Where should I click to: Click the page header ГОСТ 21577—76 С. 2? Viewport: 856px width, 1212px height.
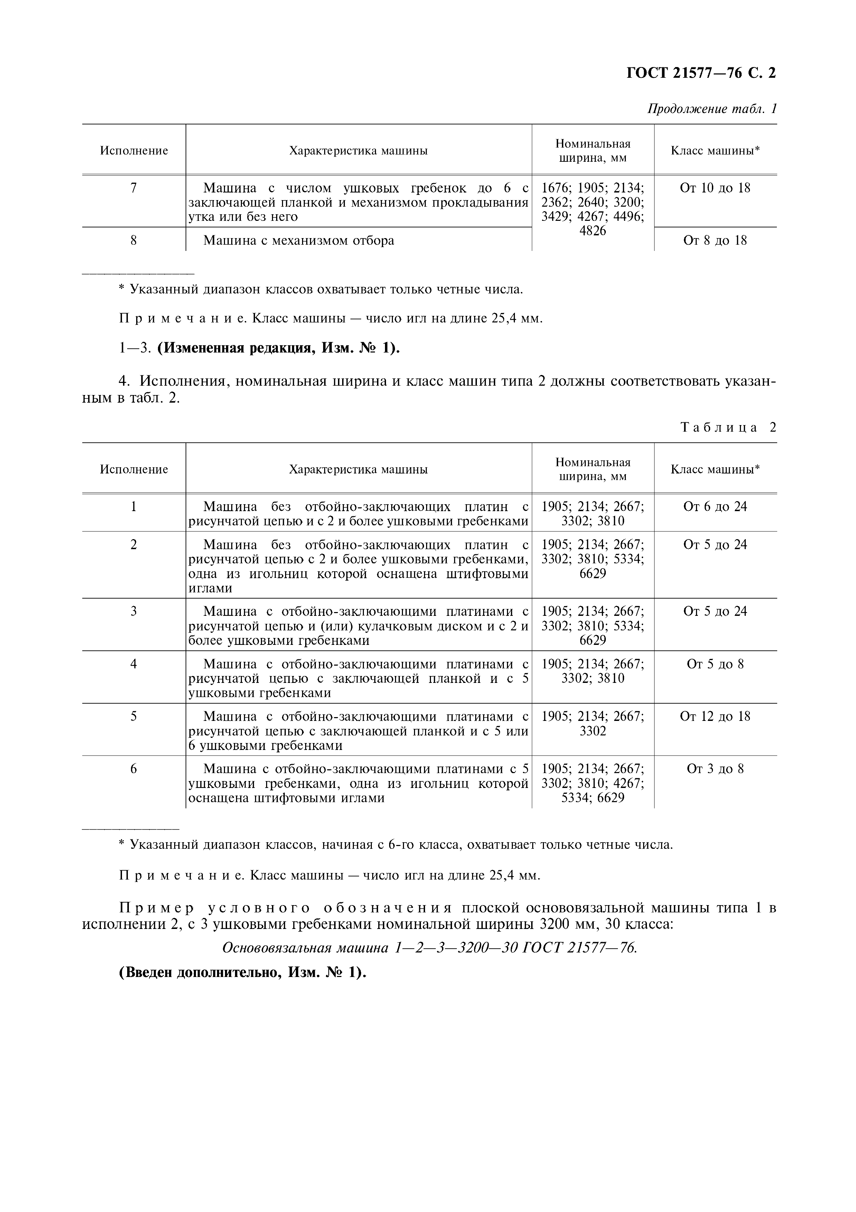(x=701, y=73)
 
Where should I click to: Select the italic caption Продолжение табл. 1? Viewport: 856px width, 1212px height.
(x=712, y=109)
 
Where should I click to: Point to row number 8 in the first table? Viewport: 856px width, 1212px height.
(x=133, y=241)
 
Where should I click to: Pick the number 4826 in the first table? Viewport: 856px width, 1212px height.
(x=593, y=231)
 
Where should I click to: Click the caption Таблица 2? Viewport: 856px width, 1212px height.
(x=728, y=427)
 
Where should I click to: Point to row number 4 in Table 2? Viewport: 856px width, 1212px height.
(x=133, y=664)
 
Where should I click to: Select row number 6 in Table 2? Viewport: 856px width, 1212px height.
(x=133, y=769)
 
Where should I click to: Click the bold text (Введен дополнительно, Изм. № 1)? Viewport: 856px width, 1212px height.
(x=243, y=973)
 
